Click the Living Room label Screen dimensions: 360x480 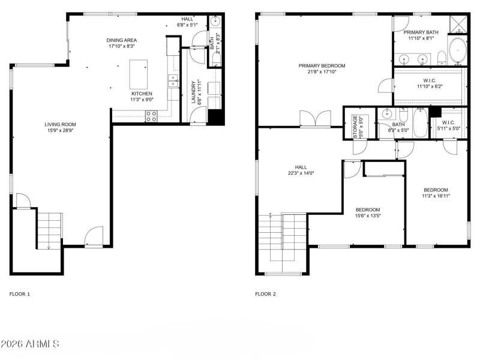[x=60, y=125]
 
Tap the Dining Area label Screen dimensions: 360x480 [x=122, y=40]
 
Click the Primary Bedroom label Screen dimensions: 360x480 [x=322, y=65]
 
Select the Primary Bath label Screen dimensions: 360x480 [x=421, y=32]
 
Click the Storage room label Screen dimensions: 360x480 [x=355, y=127]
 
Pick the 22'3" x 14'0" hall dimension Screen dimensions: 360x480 [x=301, y=173]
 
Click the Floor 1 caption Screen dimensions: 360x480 [x=19, y=294]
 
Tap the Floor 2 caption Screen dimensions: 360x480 [x=266, y=294]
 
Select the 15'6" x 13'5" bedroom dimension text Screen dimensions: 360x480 [x=368, y=216]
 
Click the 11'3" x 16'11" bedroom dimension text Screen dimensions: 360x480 [x=436, y=196]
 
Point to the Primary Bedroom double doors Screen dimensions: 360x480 [x=316, y=118]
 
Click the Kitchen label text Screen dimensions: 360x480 [x=142, y=94]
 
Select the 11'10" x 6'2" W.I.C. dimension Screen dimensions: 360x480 [x=429, y=86]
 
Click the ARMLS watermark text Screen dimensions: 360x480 [x=30, y=344]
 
